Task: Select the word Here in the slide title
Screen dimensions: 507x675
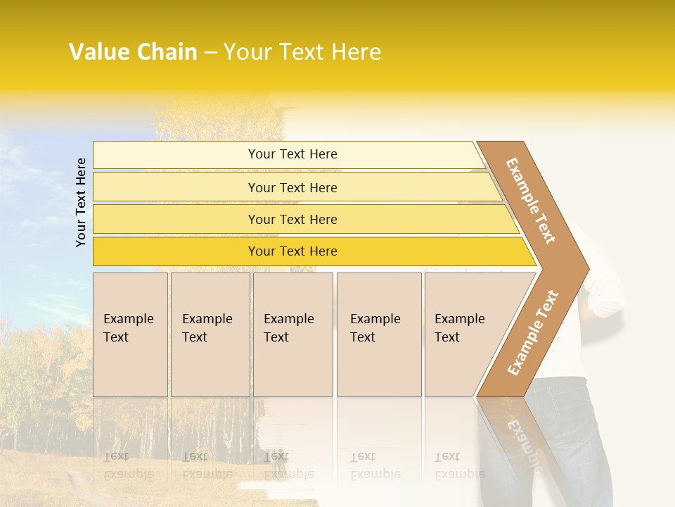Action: [x=356, y=52]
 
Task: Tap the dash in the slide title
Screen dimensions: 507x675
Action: [x=210, y=53]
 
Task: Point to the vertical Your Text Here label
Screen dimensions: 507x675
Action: [x=81, y=202]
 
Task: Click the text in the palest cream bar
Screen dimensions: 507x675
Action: [x=292, y=154]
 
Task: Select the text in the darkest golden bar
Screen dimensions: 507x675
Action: [x=292, y=251]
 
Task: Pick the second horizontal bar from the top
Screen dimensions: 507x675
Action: [x=292, y=187]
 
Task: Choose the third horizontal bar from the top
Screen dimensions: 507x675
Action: [x=292, y=219]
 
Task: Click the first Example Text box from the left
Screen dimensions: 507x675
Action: [x=130, y=334]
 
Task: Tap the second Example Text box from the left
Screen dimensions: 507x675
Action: [x=210, y=334]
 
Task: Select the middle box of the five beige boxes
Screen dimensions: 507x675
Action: [x=292, y=334]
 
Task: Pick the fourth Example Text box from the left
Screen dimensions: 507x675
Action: [x=379, y=334]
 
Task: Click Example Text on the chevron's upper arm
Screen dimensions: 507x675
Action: [x=531, y=201]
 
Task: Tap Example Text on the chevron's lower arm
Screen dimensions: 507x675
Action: [x=533, y=332]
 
